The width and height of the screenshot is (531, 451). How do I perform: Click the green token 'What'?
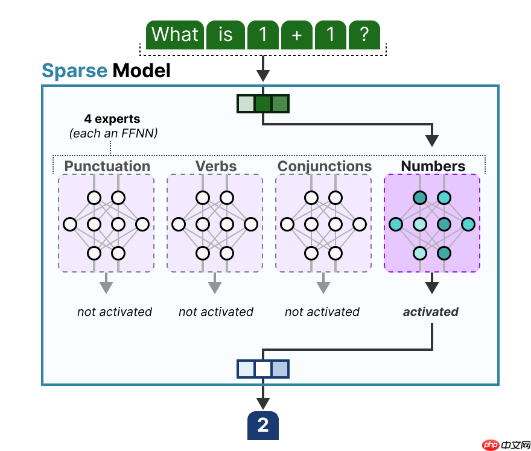coord(175,34)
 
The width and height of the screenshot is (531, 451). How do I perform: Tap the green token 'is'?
coord(225,34)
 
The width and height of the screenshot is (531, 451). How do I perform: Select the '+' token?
coord(296,34)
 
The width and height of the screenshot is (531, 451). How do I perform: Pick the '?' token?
coord(364,34)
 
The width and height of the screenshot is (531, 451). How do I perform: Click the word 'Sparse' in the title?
coord(74,71)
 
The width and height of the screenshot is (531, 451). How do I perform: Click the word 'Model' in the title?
coord(141,71)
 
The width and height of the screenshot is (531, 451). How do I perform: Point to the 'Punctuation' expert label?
coord(107,166)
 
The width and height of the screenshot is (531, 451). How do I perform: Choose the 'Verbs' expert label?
coord(215,166)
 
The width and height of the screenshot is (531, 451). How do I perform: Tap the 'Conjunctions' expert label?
coord(324,166)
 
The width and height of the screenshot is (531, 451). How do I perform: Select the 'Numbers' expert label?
coord(433,166)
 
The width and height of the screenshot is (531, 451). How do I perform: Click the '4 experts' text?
coord(112,119)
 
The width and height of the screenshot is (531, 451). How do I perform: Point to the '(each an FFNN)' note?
coord(113,133)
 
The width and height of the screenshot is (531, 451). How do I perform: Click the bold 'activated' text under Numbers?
coord(431,312)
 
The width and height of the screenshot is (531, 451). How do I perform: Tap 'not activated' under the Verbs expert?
coord(216,312)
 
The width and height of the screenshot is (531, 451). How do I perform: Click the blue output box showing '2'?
coord(263,426)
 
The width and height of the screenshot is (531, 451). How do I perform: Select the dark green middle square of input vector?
coord(263,104)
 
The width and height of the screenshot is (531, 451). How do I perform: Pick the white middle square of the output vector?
coord(263,368)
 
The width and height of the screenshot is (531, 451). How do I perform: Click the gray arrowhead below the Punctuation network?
coord(106,287)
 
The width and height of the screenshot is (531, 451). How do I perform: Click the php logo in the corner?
coord(492,444)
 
